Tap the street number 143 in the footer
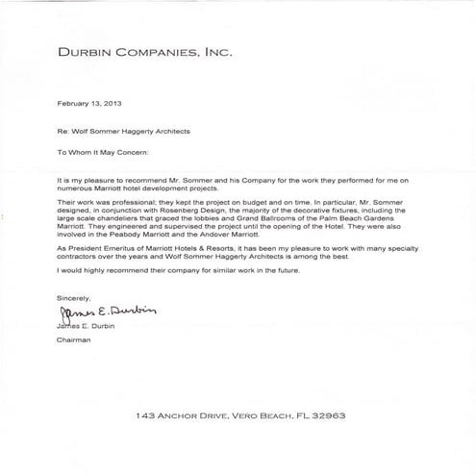coord(145,416)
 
